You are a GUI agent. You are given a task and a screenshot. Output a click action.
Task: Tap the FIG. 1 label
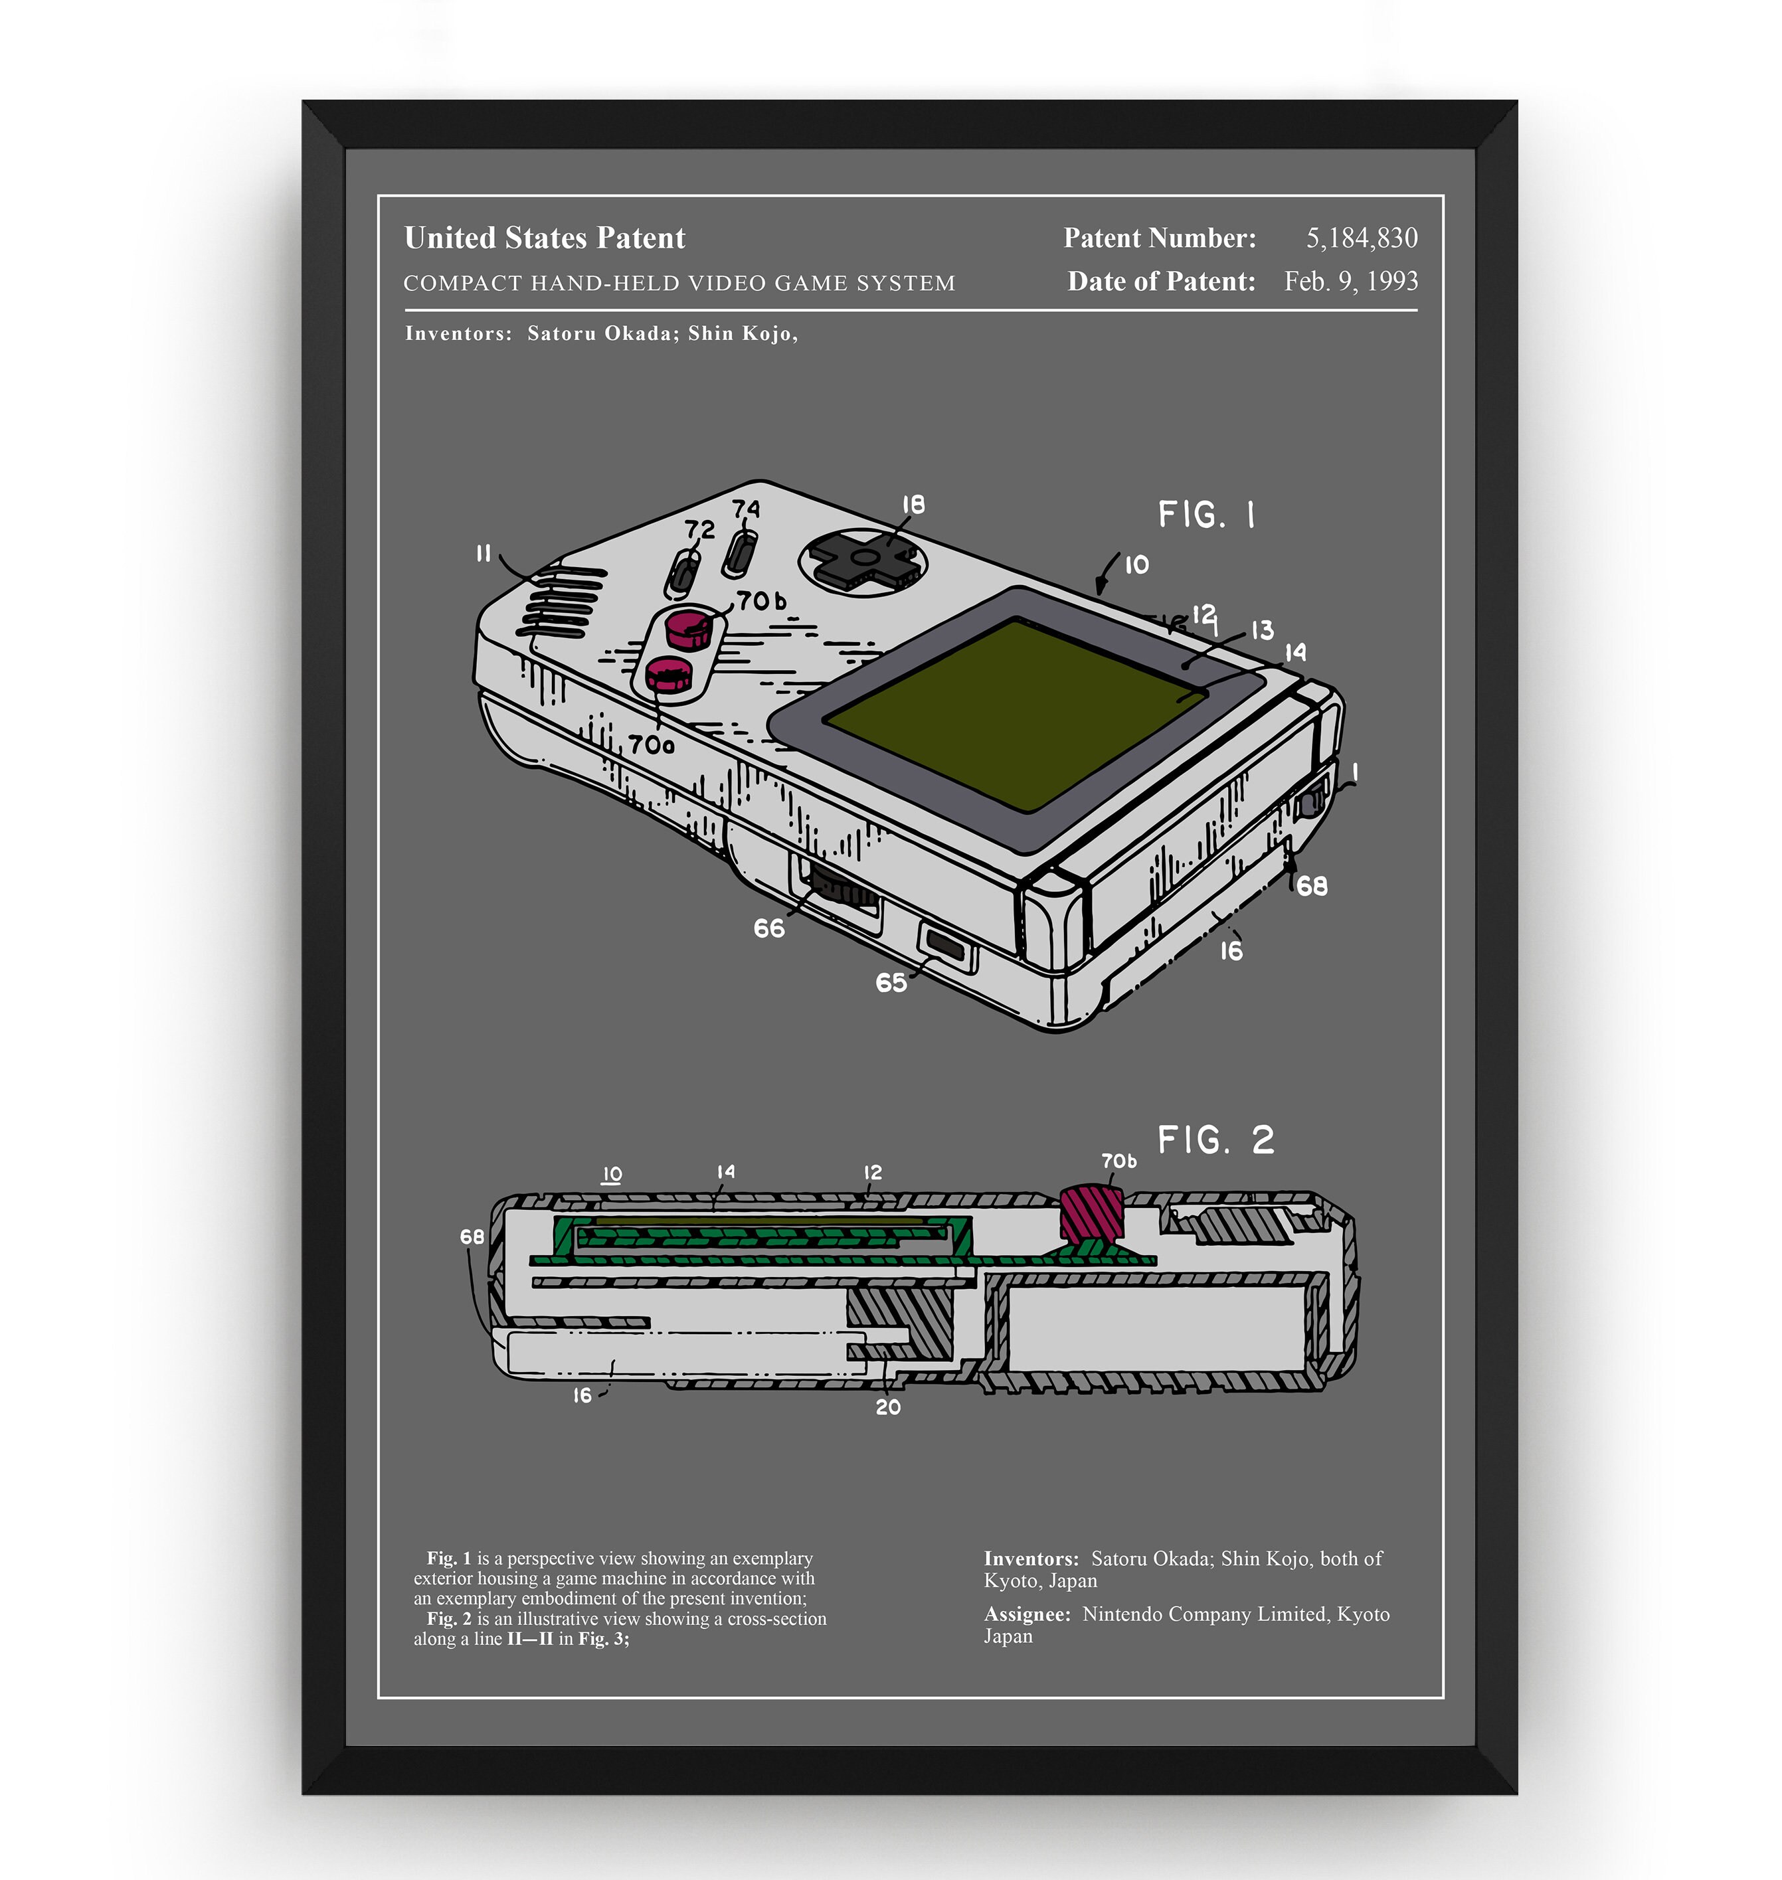pyautogui.click(x=1206, y=515)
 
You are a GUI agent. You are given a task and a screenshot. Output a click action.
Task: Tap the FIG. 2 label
pyautogui.click(x=1216, y=1140)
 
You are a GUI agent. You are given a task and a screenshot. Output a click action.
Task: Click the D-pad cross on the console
pyautogui.click(x=863, y=557)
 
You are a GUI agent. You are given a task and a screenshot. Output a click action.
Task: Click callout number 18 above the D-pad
pyautogui.click(x=913, y=505)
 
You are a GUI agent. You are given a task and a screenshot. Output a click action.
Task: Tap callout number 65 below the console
pyautogui.click(x=891, y=983)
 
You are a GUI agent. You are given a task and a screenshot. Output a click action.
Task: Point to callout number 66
pyautogui.click(x=768, y=928)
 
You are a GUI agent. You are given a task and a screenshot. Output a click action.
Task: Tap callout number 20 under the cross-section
pyautogui.click(x=888, y=1407)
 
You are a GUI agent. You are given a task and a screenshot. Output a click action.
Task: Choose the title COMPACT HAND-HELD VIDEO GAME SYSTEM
pyautogui.click(x=679, y=283)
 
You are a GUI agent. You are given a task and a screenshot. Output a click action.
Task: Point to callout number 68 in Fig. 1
pyautogui.click(x=1312, y=886)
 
